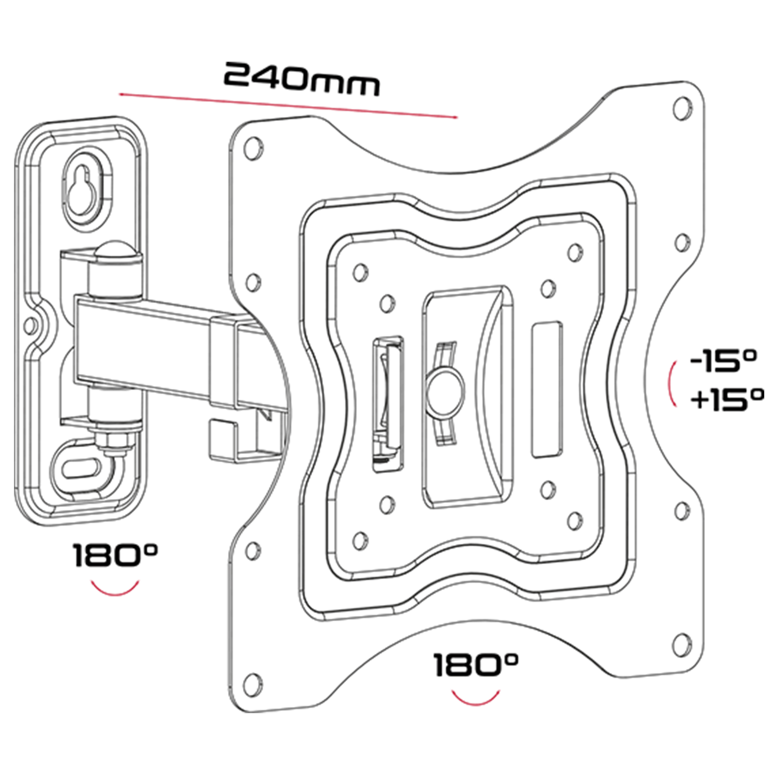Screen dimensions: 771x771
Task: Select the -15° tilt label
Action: [x=723, y=360]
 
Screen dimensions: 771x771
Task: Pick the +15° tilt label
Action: [x=727, y=400]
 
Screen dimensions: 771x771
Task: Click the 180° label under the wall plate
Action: [x=115, y=556]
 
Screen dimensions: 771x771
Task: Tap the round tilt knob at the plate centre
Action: [x=446, y=391]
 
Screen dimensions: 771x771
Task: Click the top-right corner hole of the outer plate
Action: [x=681, y=108]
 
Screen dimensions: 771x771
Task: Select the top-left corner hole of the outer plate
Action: [x=253, y=147]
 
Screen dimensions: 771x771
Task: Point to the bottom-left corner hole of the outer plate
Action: [x=252, y=684]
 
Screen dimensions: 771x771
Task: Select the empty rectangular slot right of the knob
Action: [x=546, y=390]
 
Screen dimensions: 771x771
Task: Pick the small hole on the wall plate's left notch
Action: [x=30, y=325]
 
